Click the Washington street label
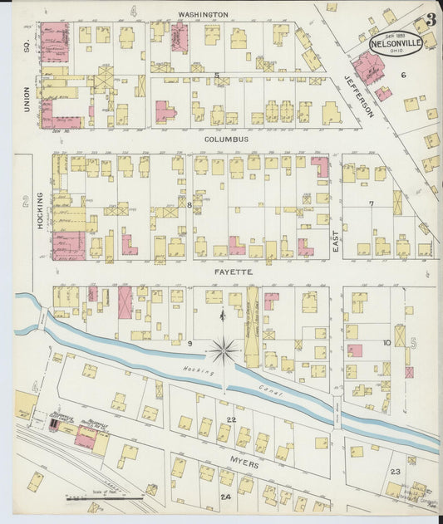point(204,15)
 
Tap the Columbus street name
point(227,140)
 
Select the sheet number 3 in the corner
point(431,19)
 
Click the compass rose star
point(223,351)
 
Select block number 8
point(190,203)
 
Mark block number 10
point(386,342)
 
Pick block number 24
point(225,497)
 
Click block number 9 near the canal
point(190,343)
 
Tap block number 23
point(396,472)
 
